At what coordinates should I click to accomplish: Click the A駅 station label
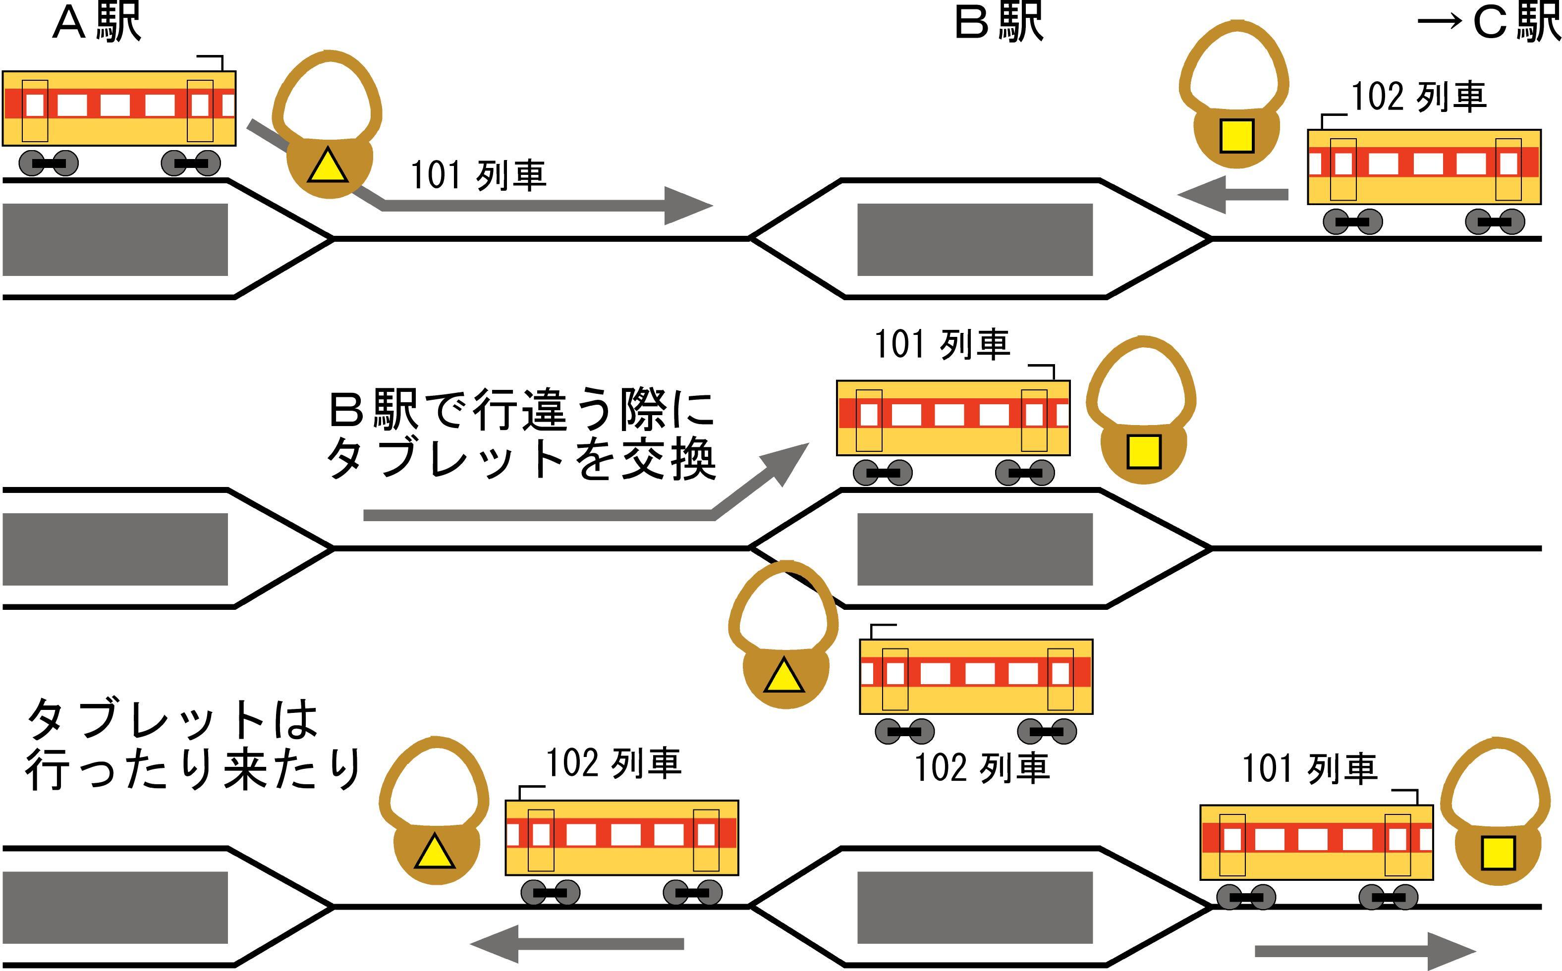coord(96,24)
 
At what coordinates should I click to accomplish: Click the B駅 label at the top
coord(999,24)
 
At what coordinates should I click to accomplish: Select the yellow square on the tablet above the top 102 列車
coord(1236,137)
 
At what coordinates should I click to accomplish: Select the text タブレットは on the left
coord(173,719)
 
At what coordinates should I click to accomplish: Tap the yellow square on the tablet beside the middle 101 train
coord(1143,451)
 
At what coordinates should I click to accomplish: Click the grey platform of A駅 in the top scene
coord(115,240)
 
